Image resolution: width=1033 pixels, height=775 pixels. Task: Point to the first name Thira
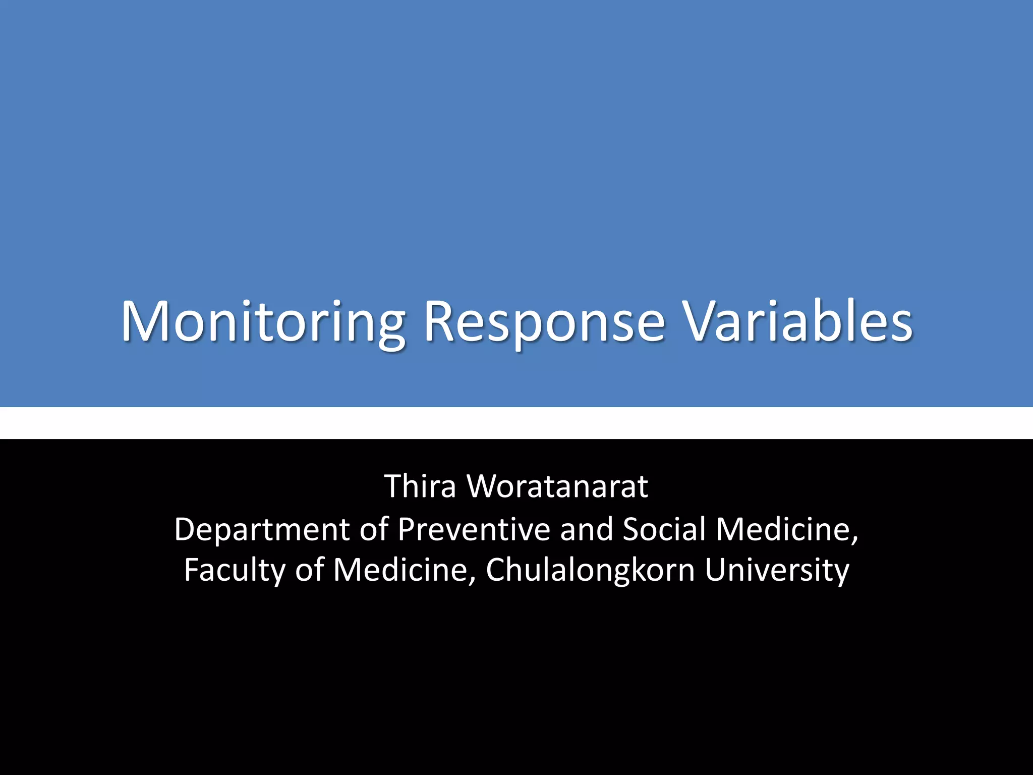(420, 486)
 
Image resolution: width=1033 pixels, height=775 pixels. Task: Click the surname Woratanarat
(557, 486)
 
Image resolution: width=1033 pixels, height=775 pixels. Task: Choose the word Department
(262, 530)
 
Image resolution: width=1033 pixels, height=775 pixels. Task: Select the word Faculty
(235, 570)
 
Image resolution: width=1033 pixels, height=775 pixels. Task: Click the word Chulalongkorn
(591, 570)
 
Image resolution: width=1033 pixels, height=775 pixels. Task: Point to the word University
(777, 570)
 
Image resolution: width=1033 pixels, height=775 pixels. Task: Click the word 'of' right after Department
(374, 530)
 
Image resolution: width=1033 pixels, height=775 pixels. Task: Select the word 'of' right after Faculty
(309, 570)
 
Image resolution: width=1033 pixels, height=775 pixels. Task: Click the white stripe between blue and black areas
(516, 423)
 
